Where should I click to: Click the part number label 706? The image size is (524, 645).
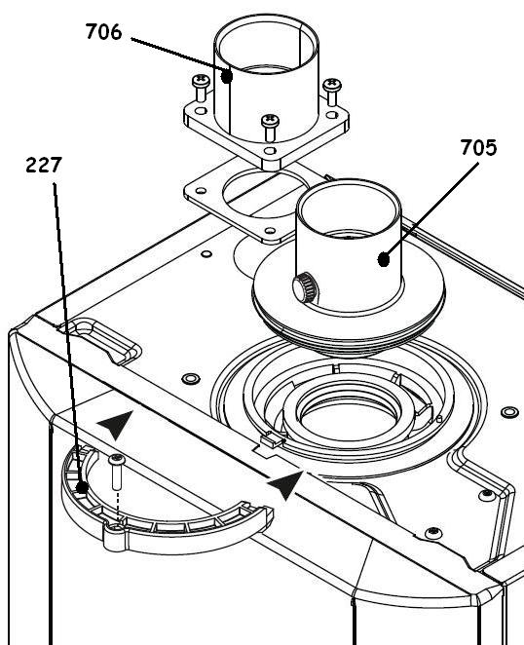[103, 33]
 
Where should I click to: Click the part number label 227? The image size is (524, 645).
[44, 166]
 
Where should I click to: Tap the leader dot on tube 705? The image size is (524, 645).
[386, 259]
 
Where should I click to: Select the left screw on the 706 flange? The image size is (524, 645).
[202, 84]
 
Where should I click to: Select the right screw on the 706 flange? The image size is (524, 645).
[331, 87]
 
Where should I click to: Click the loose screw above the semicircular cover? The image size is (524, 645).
[117, 472]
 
